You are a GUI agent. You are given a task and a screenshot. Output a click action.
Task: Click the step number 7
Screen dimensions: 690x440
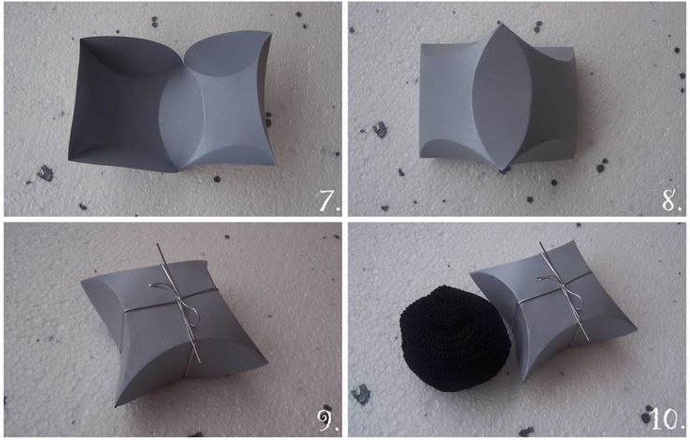point(329,201)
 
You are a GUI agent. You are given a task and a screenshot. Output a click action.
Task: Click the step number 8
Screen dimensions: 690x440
point(672,201)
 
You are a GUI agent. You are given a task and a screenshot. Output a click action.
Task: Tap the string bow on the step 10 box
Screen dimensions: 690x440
point(560,286)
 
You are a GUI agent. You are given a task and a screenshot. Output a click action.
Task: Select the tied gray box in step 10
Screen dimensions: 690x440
point(553,309)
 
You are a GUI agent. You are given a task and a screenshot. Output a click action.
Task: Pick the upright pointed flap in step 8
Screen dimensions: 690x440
point(501,98)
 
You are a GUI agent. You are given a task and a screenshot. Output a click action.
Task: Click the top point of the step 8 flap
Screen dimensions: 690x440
point(500,24)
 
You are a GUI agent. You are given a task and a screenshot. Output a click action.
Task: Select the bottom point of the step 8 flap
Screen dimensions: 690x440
point(501,170)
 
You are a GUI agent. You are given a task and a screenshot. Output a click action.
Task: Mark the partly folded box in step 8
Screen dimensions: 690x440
point(498,98)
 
